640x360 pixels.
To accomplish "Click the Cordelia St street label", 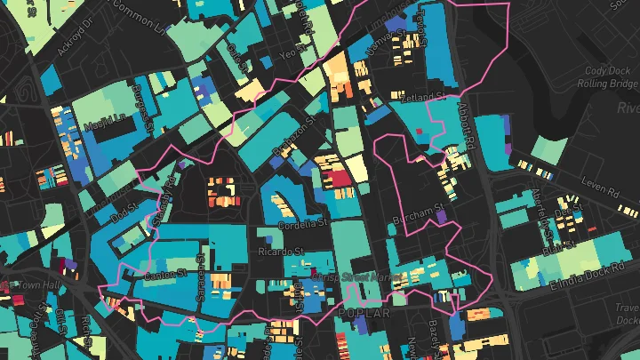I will coord(303,223).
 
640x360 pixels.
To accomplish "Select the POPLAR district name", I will coord(364,314).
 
